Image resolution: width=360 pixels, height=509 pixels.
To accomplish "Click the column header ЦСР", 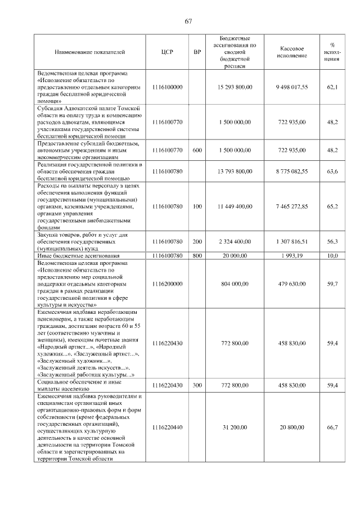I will tap(167, 52).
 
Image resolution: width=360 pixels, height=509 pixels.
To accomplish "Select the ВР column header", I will tap(197, 52).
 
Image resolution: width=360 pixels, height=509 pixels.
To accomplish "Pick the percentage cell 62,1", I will tap(332, 87).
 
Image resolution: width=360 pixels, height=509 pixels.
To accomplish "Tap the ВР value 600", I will tap(197, 150).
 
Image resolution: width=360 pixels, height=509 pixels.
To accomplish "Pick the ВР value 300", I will tap(197, 385).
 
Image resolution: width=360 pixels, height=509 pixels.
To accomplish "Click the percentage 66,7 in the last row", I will tap(332, 427).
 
